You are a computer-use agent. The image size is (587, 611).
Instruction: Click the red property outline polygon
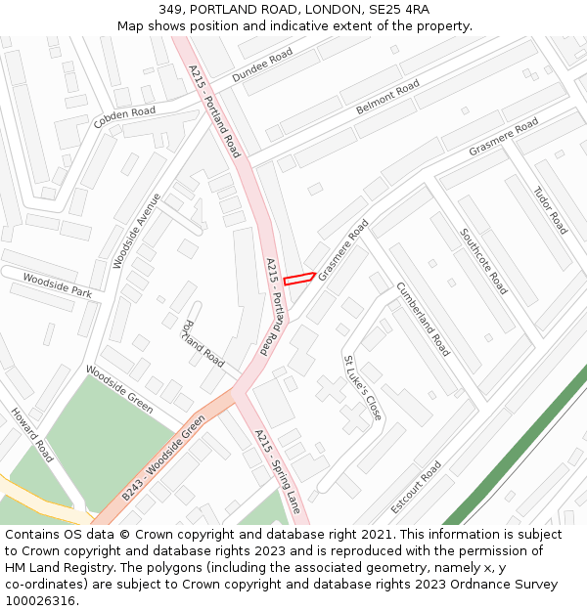[299, 280]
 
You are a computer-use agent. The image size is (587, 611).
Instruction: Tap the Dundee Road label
[262, 65]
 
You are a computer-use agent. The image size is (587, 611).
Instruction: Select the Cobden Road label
[124, 118]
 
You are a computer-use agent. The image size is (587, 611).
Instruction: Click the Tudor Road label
[550, 209]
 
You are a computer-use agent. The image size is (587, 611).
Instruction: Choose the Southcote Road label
[483, 261]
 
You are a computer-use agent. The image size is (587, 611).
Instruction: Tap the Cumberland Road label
[423, 319]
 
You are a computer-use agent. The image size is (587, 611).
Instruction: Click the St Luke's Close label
[362, 388]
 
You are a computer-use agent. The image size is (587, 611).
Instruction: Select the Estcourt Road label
[416, 488]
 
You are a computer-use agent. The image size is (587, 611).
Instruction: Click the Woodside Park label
[57, 285]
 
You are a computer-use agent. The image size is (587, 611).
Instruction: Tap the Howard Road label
[32, 435]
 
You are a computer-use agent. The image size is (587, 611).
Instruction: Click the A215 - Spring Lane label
[278, 471]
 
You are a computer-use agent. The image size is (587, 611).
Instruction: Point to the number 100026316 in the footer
[41, 600]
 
